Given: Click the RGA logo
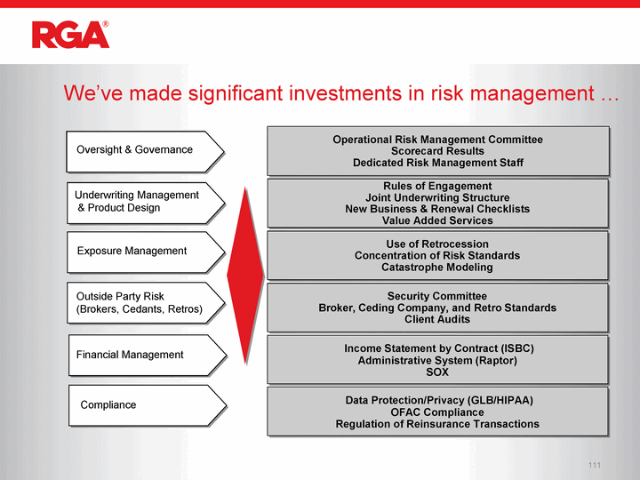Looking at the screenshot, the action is (70, 35).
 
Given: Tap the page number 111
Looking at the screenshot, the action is (595, 465).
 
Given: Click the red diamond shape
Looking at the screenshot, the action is (245, 276).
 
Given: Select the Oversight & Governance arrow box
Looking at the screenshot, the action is (145, 151).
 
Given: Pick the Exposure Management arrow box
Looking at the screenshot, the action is (146, 252).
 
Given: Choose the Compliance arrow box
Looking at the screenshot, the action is (148, 405).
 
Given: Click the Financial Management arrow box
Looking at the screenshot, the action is (148, 356).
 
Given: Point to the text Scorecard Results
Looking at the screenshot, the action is (437, 151).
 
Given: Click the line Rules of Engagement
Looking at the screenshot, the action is (437, 186).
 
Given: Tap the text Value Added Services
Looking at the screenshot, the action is (437, 220).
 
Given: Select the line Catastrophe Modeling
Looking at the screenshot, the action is (437, 268).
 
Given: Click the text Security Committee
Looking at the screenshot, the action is (437, 296).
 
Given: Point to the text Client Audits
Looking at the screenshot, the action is (437, 319).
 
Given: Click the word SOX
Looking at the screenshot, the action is (437, 372).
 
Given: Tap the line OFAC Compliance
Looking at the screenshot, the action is (437, 412).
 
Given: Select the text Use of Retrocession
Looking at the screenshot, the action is (437, 244).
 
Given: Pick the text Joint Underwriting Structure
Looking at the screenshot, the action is (437, 197).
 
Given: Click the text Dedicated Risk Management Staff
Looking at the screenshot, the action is (438, 163).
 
